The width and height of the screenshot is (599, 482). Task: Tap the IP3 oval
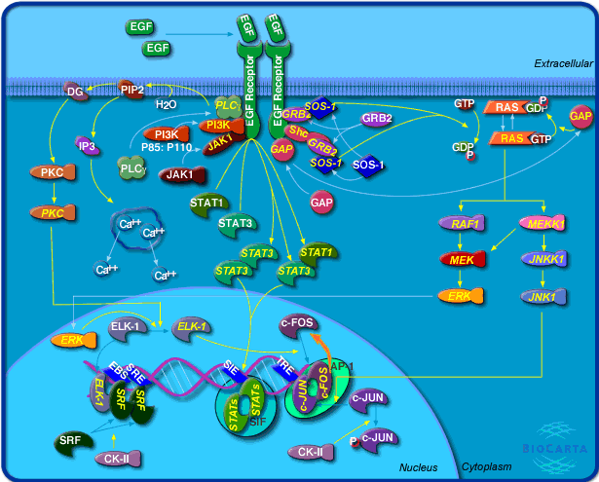coord(87,147)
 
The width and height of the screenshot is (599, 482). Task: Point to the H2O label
coord(167,101)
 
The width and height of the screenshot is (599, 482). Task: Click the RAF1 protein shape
coord(468,224)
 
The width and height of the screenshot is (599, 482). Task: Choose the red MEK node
coord(464,260)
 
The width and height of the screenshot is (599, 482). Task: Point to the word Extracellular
coord(563,63)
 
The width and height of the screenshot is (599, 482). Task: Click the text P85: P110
coord(173,149)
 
